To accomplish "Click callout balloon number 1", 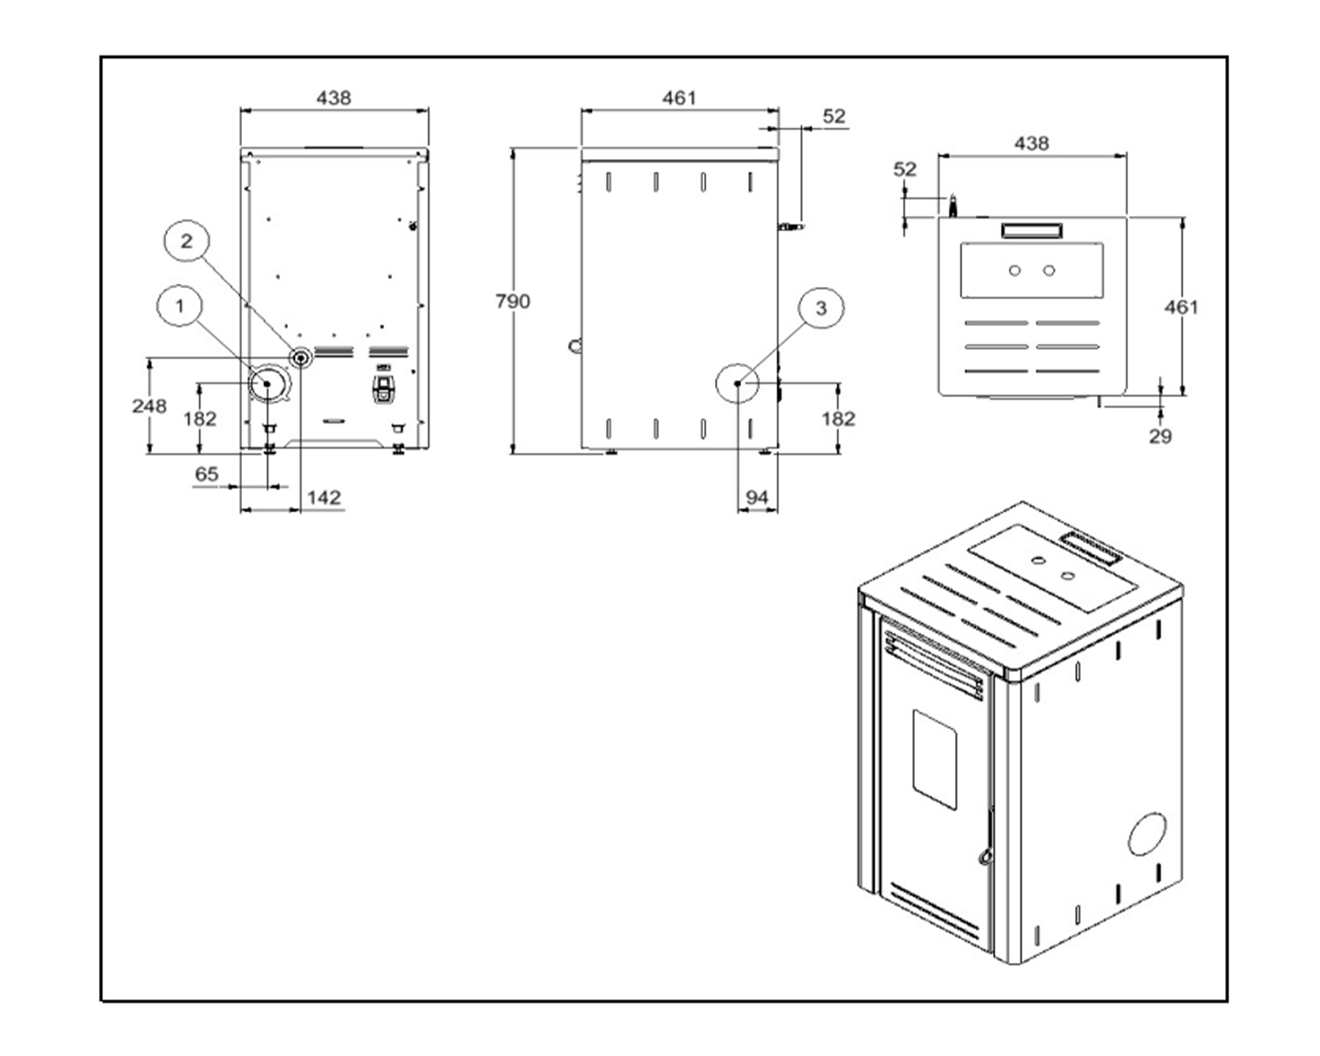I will click(x=180, y=306).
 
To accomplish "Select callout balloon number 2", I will click(x=187, y=241).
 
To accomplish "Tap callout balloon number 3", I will click(x=821, y=308).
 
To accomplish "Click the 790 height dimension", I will click(x=513, y=302).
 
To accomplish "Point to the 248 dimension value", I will click(x=149, y=406).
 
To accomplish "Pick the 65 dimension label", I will click(x=207, y=474).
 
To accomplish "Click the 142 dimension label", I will click(x=324, y=498).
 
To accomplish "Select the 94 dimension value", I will click(x=756, y=498).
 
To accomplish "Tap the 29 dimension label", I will click(x=1160, y=436).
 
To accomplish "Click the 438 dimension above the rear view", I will click(x=333, y=98).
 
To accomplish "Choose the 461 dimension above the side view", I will click(x=679, y=98).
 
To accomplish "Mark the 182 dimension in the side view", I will click(x=838, y=419).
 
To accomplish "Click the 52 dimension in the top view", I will click(x=905, y=170).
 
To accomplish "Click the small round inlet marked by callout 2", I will click(x=302, y=358).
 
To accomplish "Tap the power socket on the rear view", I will click(x=383, y=389).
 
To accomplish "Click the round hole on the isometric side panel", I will click(x=1147, y=834).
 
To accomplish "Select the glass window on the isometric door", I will click(x=935, y=759).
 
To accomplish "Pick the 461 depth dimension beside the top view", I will click(x=1181, y=308).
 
